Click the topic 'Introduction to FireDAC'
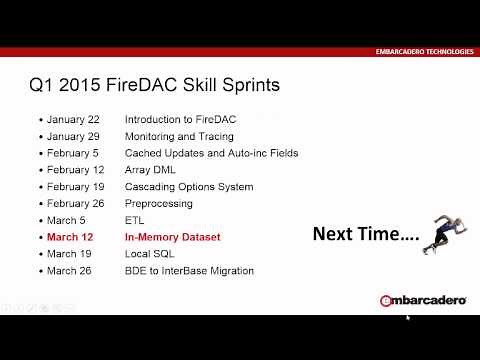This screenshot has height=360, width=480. [180, 119]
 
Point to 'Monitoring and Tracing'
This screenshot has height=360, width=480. [179, 136]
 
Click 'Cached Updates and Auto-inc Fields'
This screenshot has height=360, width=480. [211, 153]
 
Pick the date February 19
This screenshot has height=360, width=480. [75, 187]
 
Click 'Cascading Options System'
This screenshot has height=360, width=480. [188, 187]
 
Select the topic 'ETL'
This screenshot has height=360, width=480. [134, 220]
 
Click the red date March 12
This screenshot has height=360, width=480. [69, 237]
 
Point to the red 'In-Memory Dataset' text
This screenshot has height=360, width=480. [172, 237]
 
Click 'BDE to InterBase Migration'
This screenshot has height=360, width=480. [189, 271]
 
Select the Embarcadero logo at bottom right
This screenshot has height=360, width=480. [421, 300]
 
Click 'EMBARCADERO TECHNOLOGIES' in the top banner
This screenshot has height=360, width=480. [424, 51]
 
